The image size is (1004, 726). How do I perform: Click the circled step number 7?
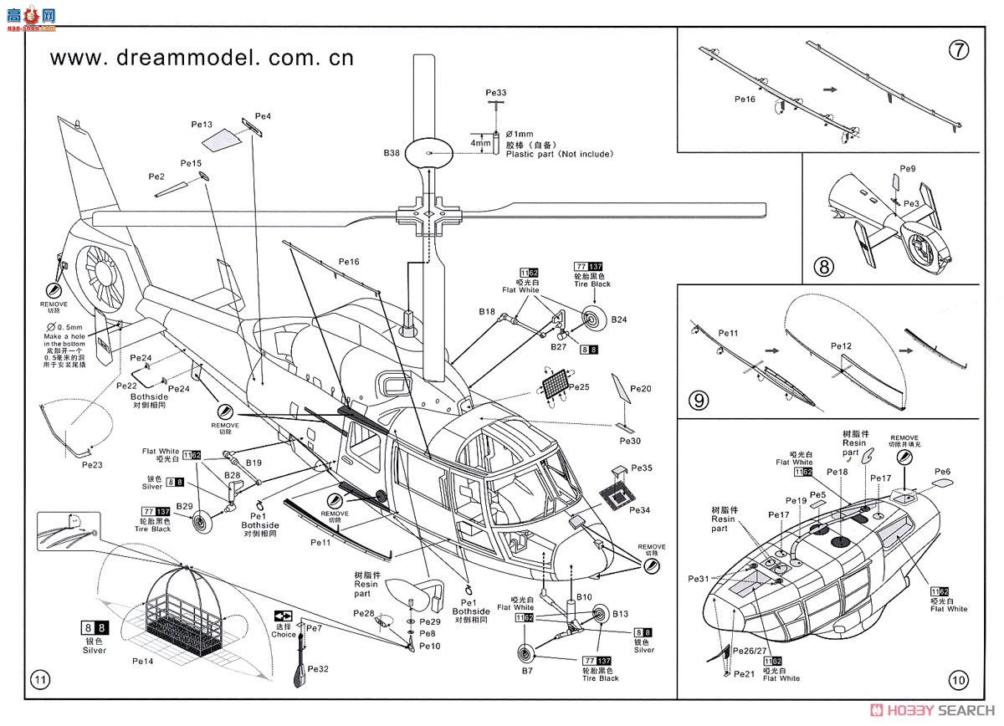pyautogui.click(x=959, y=49)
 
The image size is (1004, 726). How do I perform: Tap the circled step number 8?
pyautogui.click(x=824, y=268)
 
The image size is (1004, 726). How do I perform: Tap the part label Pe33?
pyautogui.click(x=496, y=92)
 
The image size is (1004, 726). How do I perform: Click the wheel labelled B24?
pyautogui.click(x=594, y=319)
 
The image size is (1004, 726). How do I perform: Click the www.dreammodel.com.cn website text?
pyautogui.click(x=202, y=58)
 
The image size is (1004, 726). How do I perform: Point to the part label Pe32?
pyautogui.click(x=318, y=668)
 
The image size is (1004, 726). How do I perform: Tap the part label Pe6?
pyautogui.click(x=943, y=472)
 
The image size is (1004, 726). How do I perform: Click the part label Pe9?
pyautogui.click(x=909, y=169)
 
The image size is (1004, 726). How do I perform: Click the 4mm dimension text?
pyautogui.click(x=480, y=143)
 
